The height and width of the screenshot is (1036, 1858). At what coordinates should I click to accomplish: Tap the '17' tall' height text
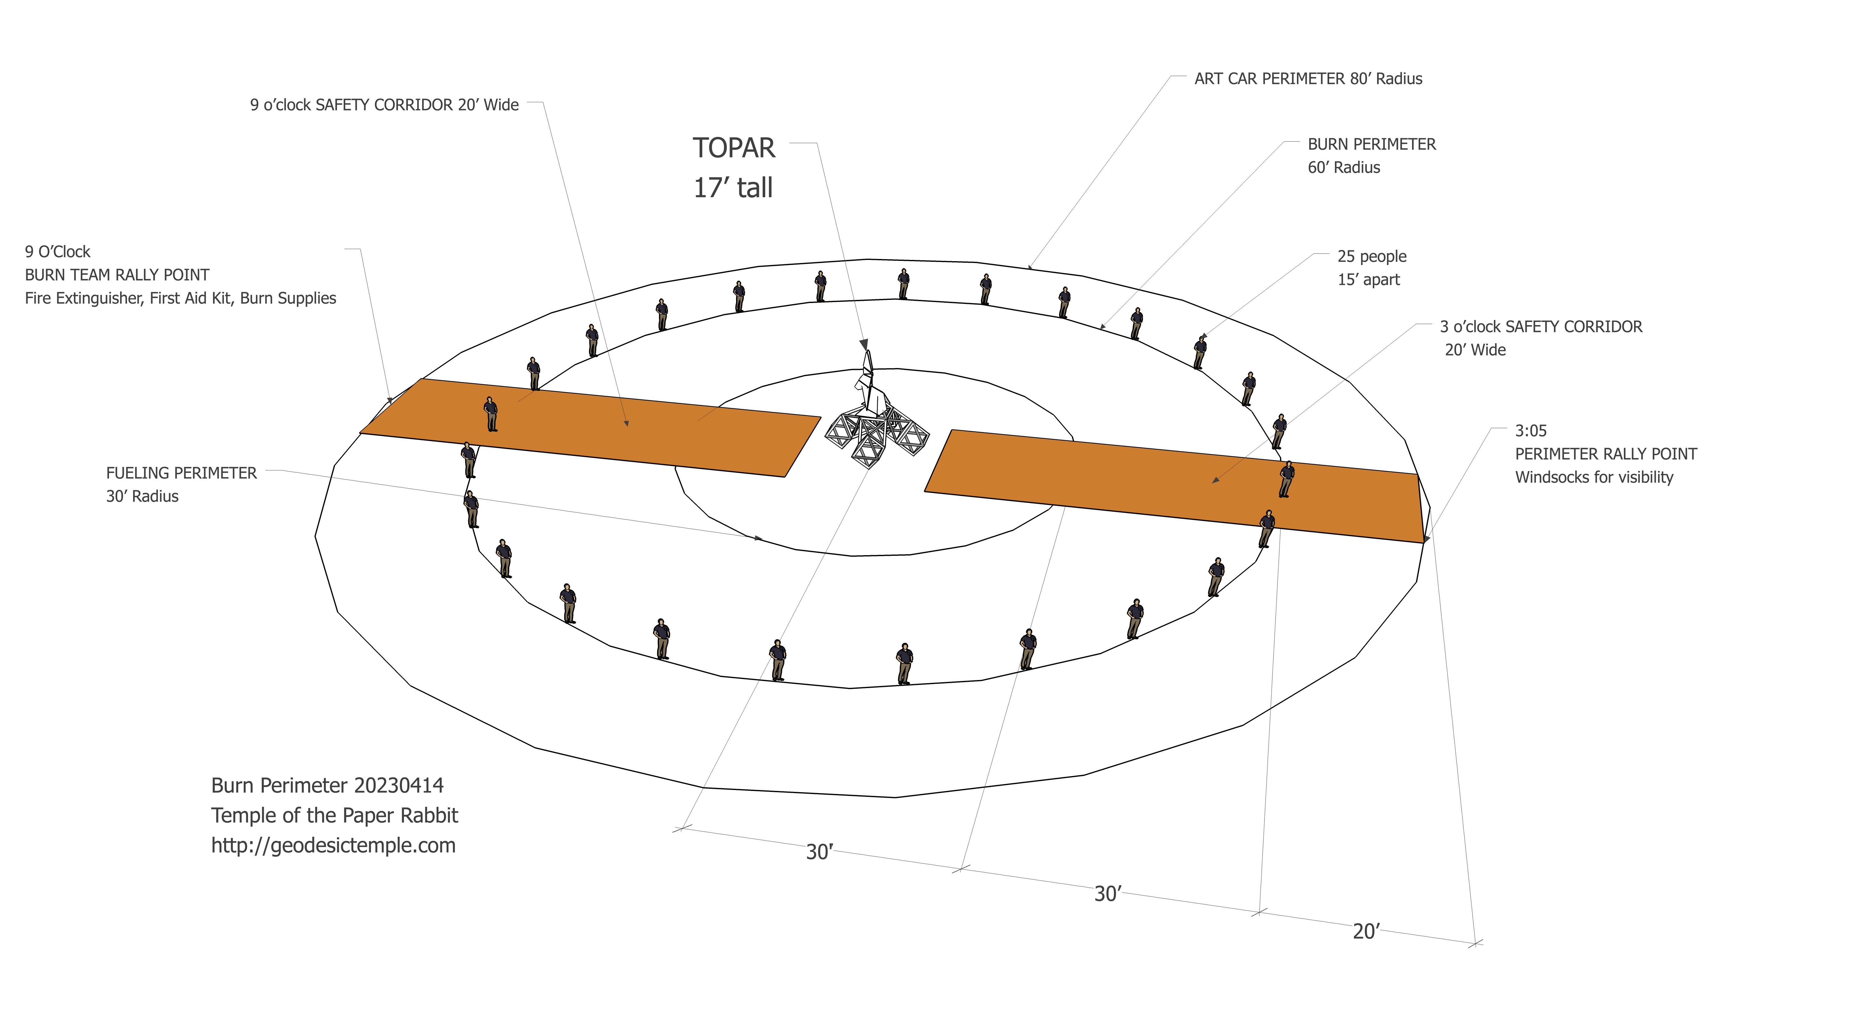(732, 187)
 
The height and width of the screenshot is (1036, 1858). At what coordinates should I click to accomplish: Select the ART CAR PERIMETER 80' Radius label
(1308, 79)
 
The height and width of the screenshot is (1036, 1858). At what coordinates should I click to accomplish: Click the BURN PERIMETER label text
(1371, 144)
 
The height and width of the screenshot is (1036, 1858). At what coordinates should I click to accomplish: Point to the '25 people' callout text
(1371, 256)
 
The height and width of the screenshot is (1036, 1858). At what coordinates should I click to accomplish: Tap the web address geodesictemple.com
(333, 845)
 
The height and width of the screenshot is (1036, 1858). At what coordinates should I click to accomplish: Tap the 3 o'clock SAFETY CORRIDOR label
(1541, 327)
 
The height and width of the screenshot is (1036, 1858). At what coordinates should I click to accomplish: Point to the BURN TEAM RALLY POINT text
(117, 275)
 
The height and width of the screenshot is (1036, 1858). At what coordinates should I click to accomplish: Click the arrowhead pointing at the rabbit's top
(863, 344)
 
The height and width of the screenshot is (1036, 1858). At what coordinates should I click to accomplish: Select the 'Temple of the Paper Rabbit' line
(334, 815)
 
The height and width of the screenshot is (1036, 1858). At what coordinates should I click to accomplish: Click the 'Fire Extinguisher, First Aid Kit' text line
(180, 298)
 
